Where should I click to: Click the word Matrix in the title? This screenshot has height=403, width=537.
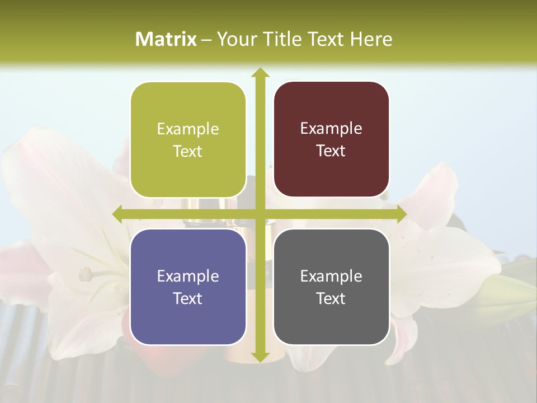pyautogui.click(x=166, y=39)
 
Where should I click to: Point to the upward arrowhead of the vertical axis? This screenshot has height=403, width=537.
pyautogui.click(x=260, y=73)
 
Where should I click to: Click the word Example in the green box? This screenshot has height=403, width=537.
pyautogui.click(x=188, y=129)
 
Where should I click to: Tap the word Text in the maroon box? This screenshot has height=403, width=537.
pyautogui.click(x=331, y=151)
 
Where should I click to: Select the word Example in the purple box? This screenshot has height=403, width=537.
pyautogui.click(x=188, y=277)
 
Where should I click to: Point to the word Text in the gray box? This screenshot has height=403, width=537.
pyautogui.click(x=331, y=298)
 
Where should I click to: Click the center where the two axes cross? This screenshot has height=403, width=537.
pyautogui.click(x=260, y=214)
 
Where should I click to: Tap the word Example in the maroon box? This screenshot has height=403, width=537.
pyautogui.click(x=331, y=129)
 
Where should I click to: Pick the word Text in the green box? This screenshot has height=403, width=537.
pyautogui.click(x=188, y=152)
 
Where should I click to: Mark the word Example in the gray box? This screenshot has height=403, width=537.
pyautogui.click(x=331, y=276)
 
